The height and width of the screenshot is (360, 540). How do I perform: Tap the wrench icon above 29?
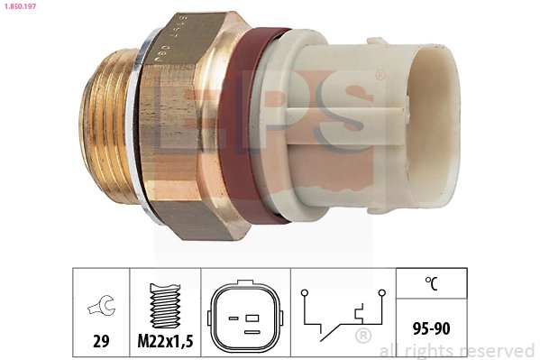[100, 309]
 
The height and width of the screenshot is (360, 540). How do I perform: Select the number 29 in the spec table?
[100, 341]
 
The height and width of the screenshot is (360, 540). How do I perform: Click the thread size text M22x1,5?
[165, 341]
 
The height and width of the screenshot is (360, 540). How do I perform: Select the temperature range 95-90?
[432, 328]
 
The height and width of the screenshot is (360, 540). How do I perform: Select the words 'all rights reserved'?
[457, 350]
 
